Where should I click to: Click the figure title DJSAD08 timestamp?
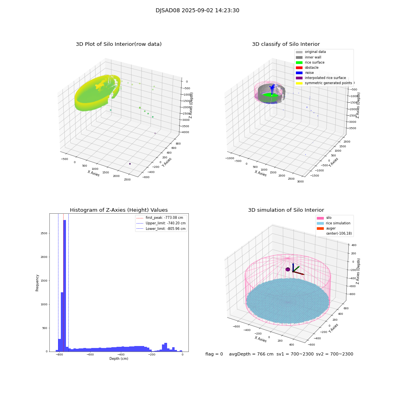197,11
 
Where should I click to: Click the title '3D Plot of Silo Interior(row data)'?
118,44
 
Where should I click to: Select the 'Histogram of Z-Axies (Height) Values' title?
118,210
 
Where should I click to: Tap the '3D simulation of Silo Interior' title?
286,210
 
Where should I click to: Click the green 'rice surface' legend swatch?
299,62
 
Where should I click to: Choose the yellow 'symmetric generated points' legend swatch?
299,83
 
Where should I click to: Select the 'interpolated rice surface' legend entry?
325,78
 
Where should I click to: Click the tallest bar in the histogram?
64,284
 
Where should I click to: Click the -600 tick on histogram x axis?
90,355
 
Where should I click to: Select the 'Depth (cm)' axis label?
118,359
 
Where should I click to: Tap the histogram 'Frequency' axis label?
37,282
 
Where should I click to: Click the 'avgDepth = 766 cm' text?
251,354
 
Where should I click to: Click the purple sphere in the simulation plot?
288,269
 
